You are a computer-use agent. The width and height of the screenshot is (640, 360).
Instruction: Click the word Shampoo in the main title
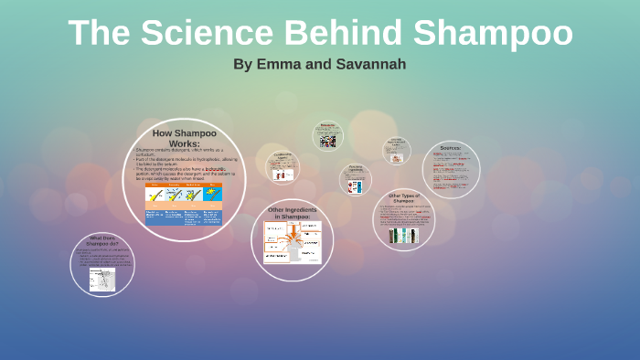492,33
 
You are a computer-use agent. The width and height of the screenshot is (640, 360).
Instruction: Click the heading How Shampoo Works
185,138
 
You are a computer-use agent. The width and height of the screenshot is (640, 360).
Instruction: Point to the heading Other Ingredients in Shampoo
292,213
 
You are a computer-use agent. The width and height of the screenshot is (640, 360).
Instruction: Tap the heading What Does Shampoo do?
102,241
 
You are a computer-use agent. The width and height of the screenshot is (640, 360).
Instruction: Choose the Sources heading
451,148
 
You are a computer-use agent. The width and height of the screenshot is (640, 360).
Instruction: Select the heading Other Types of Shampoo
403,197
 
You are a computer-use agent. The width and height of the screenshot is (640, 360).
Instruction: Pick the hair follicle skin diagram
102,279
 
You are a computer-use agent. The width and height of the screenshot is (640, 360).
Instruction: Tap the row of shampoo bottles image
403,235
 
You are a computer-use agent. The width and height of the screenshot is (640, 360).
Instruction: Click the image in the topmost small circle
328,140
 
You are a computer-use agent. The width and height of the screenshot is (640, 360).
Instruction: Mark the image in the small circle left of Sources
397,157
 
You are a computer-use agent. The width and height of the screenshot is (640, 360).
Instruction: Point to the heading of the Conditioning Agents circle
283,156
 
